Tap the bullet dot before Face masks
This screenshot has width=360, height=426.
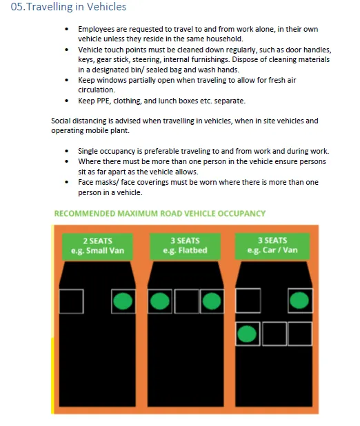(66, 183)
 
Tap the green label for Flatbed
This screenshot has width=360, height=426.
(185, 245)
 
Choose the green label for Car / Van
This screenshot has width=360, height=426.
(272, 245)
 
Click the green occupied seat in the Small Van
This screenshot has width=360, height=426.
(122, 301)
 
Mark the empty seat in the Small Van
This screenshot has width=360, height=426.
(72, 301)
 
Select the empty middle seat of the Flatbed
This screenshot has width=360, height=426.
(186, 301)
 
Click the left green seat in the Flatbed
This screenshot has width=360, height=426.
(160, 301)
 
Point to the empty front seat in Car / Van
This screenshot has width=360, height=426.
(248, 301)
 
